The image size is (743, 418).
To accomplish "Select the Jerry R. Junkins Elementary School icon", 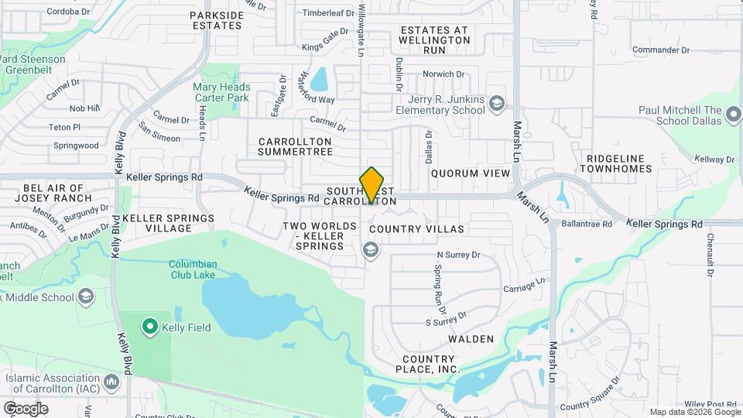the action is coord(496,103).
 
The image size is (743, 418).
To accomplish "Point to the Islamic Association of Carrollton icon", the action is coord(113,381).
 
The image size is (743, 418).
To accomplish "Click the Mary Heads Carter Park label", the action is coord(221,93).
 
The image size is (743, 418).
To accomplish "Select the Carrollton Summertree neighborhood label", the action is coord(295,146).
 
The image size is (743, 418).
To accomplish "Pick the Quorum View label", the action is coord(471,173).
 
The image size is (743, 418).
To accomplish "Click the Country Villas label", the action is coord(416,229).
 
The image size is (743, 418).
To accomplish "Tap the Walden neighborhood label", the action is coord(471,339).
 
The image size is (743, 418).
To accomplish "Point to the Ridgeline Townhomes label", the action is coord(616,163).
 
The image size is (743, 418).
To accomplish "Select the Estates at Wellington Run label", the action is coord(434,40).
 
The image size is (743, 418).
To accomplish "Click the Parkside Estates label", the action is coord(217,20).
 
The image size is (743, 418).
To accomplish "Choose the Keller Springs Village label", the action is coord(168,224).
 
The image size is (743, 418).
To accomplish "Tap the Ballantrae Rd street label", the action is coord(587,224).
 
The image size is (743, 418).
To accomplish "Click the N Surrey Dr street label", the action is coord(459,255).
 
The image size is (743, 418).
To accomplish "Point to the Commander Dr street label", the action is coord(660,50).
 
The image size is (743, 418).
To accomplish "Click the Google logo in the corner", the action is coord(26,408).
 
